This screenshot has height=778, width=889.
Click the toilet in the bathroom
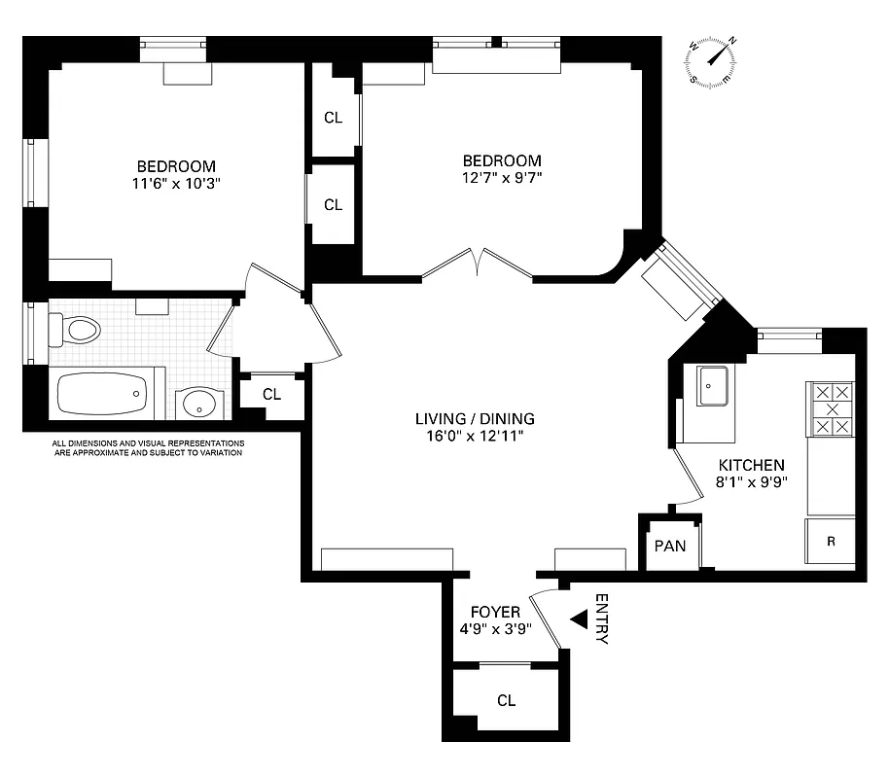tap(76, 330)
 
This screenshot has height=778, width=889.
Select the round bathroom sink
tap(200, 404)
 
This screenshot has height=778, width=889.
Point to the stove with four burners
tap(831, 409)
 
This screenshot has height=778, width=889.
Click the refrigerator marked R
tap(830, 541)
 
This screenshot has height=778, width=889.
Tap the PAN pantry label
tap(669, 546)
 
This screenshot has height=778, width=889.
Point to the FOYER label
tap(495, 612)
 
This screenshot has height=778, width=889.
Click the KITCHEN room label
tap(751, 466)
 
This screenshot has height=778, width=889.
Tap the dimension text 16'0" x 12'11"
tap(475, 436)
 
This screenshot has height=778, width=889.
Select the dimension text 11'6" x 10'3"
tap(175, 183)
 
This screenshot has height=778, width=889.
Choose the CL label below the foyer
tap(506, 700)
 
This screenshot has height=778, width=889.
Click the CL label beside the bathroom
tap(271, 394)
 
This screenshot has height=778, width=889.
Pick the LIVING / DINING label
tap(475, 419)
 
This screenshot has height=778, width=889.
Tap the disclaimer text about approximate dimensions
tap(148, 447)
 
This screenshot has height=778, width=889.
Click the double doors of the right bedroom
tap(477, 265)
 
